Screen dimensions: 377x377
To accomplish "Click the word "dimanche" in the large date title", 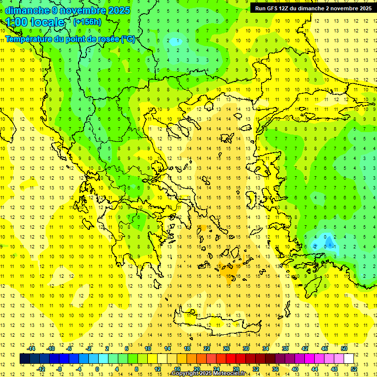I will coord(27,10).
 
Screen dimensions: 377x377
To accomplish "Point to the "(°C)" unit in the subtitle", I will coord(128,39).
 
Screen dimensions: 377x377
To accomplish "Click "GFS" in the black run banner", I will coord(271,8).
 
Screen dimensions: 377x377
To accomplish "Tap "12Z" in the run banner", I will coord(285,8).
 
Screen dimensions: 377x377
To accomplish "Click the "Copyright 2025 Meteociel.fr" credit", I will coord(208,374).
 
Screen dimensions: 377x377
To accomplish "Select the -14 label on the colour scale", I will coord(31,349).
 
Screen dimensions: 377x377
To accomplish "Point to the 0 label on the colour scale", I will coord(97,369).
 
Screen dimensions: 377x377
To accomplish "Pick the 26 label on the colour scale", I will coord(226,349).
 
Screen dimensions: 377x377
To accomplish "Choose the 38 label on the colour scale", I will coord(285,349).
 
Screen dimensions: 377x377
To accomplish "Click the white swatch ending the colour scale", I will coord(349,359).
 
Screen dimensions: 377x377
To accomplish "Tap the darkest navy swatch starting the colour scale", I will coord(25,359).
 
